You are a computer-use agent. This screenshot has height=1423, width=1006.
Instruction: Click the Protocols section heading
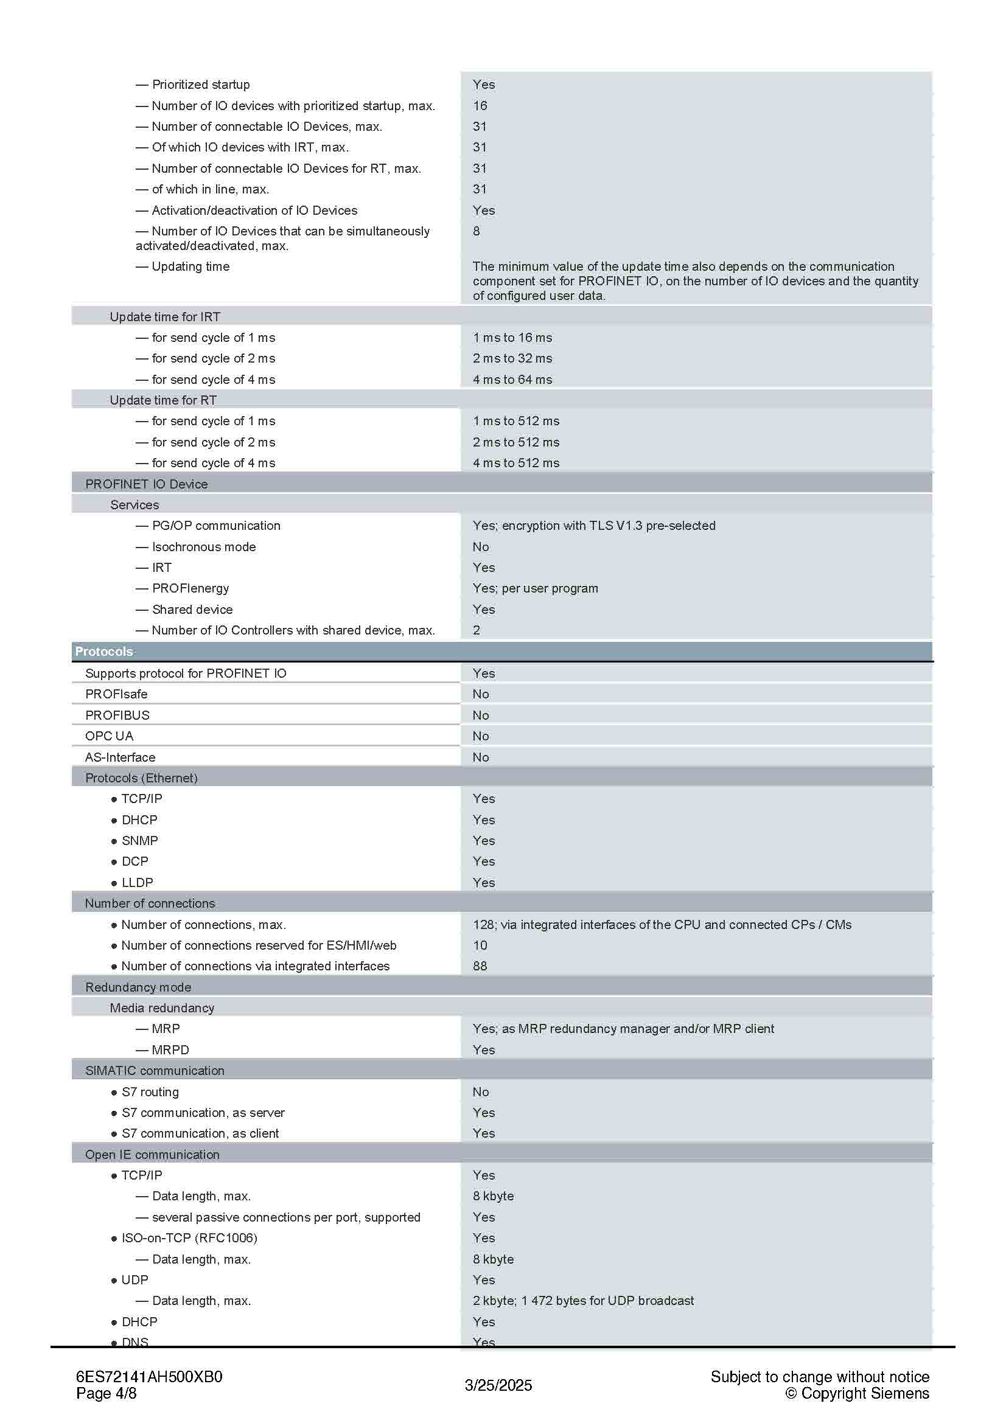(103, 652)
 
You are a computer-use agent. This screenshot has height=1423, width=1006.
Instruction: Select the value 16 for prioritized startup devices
(480, 105)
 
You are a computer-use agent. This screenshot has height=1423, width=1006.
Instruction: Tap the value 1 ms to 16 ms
(512, 337)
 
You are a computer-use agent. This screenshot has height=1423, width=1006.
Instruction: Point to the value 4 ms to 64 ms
(512, 379)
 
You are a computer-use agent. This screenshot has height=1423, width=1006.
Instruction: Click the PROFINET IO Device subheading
(146, 484)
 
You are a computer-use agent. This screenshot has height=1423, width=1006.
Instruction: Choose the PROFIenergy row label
(190, 588)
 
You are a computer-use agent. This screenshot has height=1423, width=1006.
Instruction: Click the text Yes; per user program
(535, 588)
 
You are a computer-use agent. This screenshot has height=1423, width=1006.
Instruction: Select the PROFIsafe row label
(116, 694)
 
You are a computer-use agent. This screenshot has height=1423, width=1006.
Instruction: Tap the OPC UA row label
(109, 736)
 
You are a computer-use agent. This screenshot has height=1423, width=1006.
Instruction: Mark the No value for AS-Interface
(480, 757)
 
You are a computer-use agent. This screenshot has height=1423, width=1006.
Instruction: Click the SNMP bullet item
(139, 840)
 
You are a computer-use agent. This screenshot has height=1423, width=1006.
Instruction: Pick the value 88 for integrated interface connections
(480, 965)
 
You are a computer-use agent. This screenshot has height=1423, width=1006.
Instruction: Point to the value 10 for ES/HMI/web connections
(480, 945)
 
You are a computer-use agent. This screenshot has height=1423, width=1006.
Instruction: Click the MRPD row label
(170, 1050)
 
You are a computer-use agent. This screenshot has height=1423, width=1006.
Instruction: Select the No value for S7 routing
(480, 1091)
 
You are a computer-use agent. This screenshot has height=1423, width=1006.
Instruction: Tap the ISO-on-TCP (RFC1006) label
(189, 1237)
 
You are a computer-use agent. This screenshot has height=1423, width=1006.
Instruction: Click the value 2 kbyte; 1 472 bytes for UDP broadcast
(582, 1300)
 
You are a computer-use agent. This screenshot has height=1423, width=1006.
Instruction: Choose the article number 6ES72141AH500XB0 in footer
(148, 1377)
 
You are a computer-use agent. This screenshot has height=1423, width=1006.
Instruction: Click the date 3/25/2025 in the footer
(498, 1385)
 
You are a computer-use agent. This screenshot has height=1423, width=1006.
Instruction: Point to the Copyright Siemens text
(858, 1393)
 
